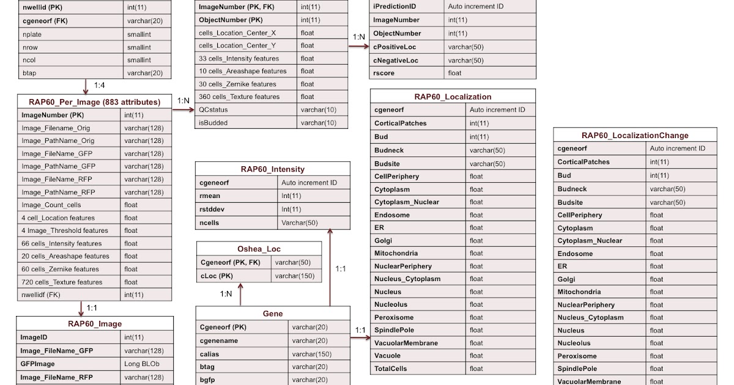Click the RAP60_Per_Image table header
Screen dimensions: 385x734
click(x=94, y=102)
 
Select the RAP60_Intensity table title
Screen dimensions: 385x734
click(x=272, y=169)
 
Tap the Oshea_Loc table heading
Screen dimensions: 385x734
click(x=259, y=249)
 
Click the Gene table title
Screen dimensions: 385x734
click(x=273, y=313)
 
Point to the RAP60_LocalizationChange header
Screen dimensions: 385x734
click(x=634, y=135)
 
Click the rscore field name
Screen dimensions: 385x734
click(x=384, y=73)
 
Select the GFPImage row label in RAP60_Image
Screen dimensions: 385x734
click(x=38, y=364)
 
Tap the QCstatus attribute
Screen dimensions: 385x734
click(x=214, y=109)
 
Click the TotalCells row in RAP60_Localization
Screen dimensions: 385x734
click(x=390, y=369)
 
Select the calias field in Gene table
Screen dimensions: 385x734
click(x=210, y=354)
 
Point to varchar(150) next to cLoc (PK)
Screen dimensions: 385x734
click(x=295, y=276)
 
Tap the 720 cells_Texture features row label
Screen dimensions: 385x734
click(x=62, y=282)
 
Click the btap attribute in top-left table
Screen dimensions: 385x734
click(x=29, y=73)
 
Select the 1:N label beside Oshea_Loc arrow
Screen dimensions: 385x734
click(x=226, y=293)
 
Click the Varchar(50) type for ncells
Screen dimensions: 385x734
click(x=299, y=222)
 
